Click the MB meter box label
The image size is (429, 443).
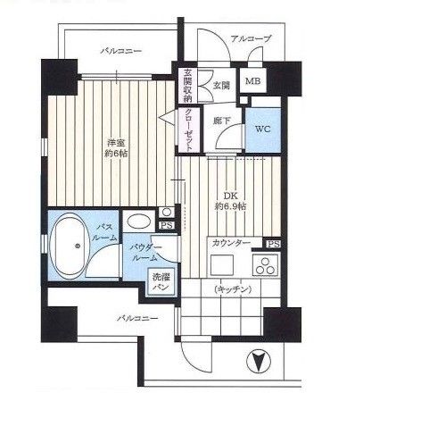[x=252, y=81]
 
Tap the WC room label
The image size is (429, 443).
[x=263, y=130]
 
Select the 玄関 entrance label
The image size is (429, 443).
[x=221, y=85]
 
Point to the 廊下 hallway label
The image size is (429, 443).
[x=222, y=121]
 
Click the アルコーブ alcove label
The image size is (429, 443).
[x=251, y=38]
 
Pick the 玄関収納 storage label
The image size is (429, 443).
[x=187, y=86]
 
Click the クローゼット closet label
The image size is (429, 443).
[x=188, y=130]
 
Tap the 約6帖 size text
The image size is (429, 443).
[x=116, y=154]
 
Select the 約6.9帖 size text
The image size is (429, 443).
[x=230, y=206]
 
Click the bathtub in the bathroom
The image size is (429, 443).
[x=68, y=246]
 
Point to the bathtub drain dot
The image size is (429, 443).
[x=78, y=246]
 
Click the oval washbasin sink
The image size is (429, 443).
[x=138, y=221]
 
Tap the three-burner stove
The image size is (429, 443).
[x=265, y=264]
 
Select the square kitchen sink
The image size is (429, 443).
[x=222, y=264]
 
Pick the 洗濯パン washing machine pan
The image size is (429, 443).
[x=161, y=282]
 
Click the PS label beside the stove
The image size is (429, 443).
[x=273, y=245]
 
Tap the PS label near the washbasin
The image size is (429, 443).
[x=167, y=225]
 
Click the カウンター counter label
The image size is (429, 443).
[x=231, y=244]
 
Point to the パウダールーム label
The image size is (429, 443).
[x=146, y=253]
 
